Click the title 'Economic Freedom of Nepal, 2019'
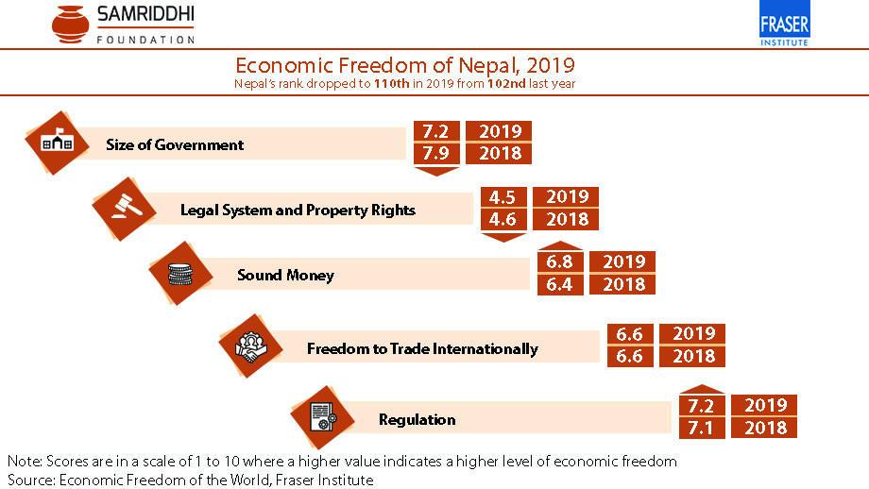coord(404,66)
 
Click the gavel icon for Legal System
coord(122,208)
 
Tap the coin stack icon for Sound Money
coord(180,275)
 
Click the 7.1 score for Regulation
coord(699,428)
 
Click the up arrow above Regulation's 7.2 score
coord(699,388)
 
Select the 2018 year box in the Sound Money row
coord(622,284)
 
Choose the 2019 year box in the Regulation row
coord(765,405)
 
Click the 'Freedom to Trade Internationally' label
coord(422,349)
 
